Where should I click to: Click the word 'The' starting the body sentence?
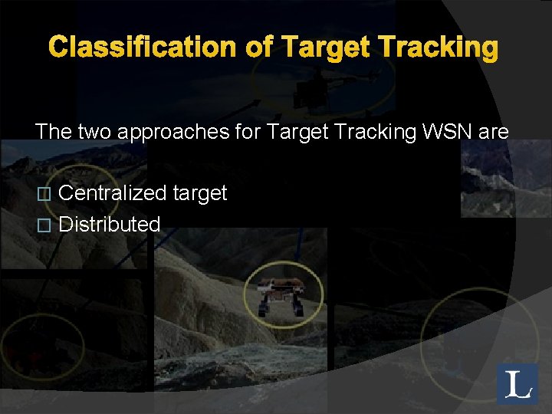tap(53, 131)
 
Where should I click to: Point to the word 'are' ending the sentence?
tap(492, 133)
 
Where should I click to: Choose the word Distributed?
tap(110, 225)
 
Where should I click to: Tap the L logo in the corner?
tap(518, 383)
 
